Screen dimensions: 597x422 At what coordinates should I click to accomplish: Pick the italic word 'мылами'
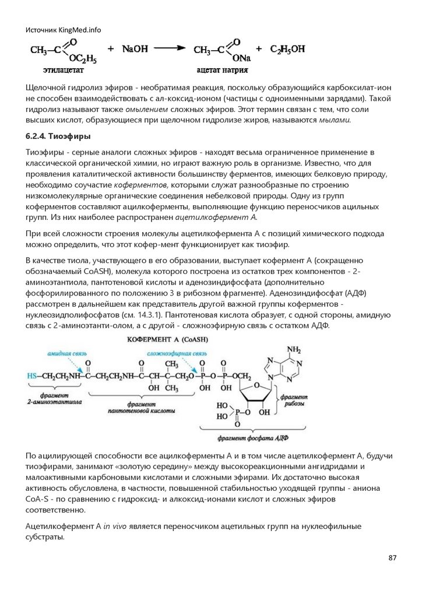[334, 120]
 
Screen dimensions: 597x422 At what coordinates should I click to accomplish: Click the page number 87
[392, 558]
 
